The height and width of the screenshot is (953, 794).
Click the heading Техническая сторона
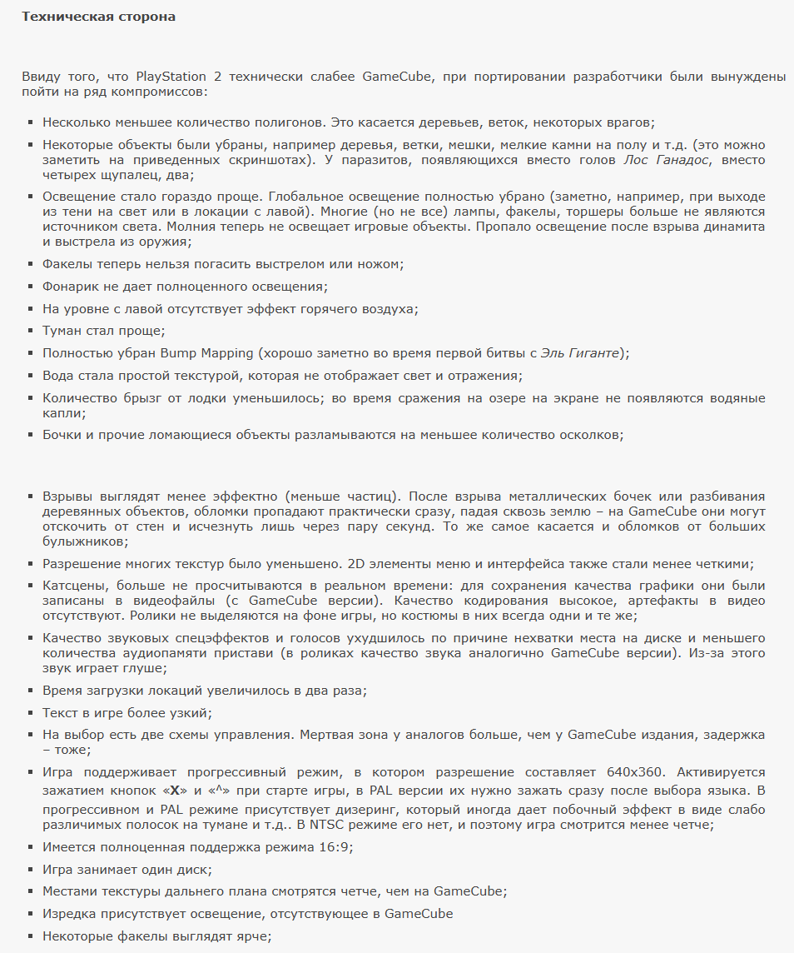98,17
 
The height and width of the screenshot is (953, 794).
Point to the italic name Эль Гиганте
581,353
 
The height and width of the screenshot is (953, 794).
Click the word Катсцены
72,586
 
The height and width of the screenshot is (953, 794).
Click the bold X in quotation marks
175,790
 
